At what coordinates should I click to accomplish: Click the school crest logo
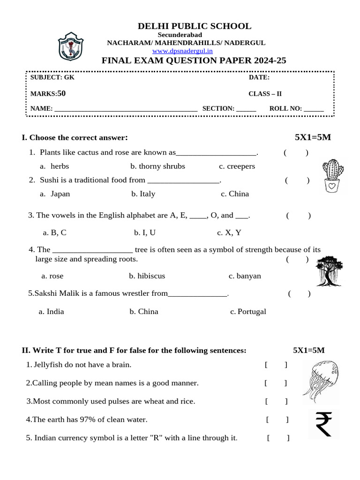[70, 46]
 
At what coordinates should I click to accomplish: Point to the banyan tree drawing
[330, 270]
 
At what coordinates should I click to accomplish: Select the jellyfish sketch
[321, 382]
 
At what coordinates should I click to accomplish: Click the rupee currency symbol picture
[323, 424]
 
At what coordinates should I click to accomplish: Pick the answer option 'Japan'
[60, 194]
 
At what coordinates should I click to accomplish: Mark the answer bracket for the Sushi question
[297, 180]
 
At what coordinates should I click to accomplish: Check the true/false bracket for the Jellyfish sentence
[276, 365]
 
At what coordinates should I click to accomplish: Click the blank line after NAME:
[126, 109]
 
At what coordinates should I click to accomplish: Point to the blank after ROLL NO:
[314, 109]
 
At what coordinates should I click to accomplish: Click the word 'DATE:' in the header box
[259, 77]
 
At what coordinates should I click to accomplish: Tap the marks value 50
[61, 93]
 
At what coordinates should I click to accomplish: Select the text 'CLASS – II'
[265, 94]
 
